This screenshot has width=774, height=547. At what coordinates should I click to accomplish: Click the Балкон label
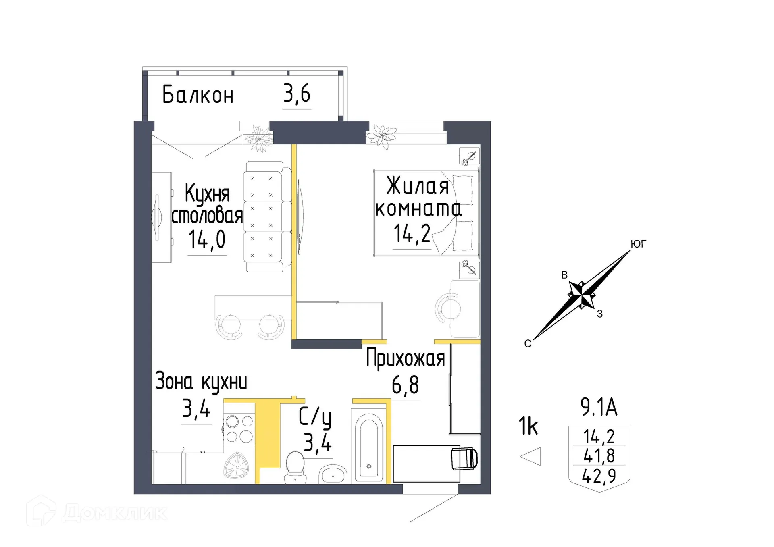point(198,95)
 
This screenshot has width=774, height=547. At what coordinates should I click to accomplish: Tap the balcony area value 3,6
point(297,94)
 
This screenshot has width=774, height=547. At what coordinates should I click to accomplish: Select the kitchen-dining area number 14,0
point(207,240)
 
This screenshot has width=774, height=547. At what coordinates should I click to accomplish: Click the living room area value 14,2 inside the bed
point(412,234)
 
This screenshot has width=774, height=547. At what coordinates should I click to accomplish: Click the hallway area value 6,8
point(405,385)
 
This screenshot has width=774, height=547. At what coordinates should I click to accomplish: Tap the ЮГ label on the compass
point(638,244)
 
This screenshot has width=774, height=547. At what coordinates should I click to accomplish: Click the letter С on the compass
point(528,344)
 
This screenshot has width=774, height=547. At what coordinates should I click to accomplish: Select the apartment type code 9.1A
point(599,407)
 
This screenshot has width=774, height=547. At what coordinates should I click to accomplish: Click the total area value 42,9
point(599,476)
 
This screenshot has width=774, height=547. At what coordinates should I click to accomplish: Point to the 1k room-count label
point(528,426)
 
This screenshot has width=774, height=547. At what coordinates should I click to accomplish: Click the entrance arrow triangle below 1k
point(531,457)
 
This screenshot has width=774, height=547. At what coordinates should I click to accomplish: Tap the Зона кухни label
point(201,382)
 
